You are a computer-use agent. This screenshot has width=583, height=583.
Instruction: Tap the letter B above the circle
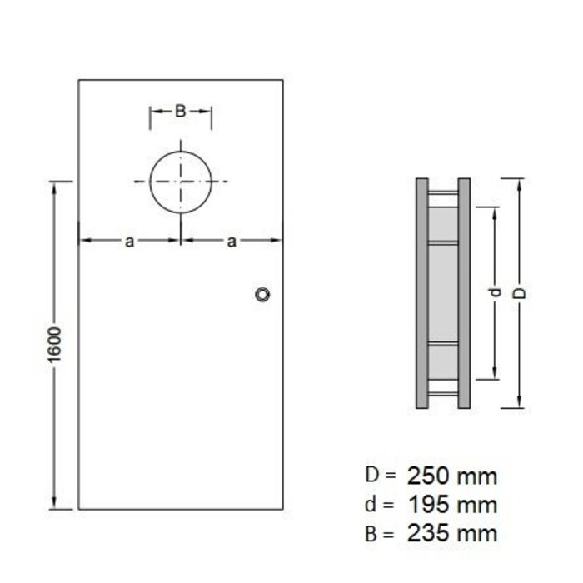(x=180, y=109)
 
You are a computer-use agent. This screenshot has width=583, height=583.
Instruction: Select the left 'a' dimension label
(x=129, y=242)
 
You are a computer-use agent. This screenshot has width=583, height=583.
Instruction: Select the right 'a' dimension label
(x=232, y=242)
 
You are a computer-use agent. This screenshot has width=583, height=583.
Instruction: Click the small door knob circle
(x=263, y=294)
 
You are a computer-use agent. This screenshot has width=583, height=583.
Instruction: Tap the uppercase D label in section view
(x=521, y=293)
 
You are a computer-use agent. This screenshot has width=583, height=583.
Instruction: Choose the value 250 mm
(x=452, y=476)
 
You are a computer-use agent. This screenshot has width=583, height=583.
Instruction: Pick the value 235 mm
(x=452, y=533)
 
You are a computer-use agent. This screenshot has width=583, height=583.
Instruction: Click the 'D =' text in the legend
(x=380, y=476)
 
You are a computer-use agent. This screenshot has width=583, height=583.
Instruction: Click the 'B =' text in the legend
(x=380, y=533)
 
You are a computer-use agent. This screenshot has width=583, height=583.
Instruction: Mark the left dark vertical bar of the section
(x=421, y=293)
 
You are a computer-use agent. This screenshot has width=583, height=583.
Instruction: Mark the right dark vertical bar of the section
(x=465, y=293)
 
